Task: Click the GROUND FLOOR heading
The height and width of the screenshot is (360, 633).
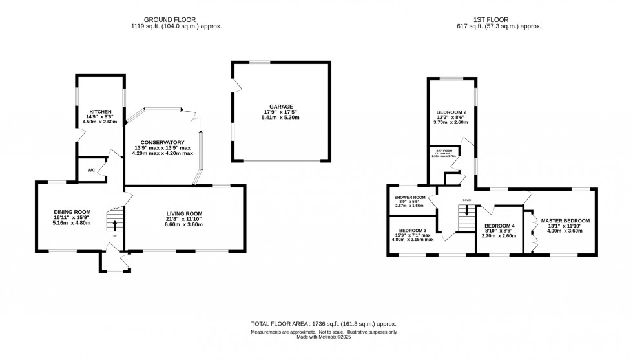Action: (171, 20)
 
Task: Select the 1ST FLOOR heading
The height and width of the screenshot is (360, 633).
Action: (495, 20)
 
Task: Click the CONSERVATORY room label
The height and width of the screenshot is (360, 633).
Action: (163, 142)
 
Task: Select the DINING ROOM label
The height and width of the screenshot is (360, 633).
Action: (72, 212)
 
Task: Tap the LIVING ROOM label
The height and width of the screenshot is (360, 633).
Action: (185, 214)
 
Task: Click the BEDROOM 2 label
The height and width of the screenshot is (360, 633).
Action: (451, 112)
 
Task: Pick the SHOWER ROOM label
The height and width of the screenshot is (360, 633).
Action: (410, 197)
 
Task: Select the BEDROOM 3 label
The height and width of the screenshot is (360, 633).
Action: (413, 231)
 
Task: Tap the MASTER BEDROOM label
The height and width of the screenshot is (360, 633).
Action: (565, 221)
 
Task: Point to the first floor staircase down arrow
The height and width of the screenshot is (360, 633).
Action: (466, 211)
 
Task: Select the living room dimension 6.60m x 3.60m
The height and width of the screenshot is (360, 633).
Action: (185, 224)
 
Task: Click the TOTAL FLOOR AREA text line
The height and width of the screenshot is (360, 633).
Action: (323, 323)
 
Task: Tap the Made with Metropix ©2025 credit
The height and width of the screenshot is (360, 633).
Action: (323, 337)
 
